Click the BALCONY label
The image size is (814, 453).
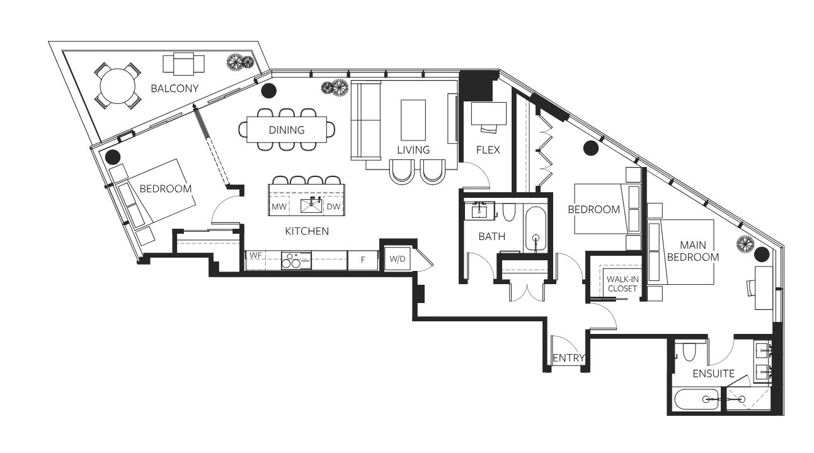coord(175,89)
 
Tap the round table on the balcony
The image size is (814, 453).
coord(117,86)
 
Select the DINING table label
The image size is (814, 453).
coord(287,130)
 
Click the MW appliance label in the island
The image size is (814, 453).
coord(279,207)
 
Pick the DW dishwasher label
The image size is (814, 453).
coord(333,207)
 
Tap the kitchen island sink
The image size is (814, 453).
coord(311,205)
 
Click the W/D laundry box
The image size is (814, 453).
coord(397,259)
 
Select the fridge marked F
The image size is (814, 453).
coord(363,260)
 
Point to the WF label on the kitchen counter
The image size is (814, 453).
coord(256,255)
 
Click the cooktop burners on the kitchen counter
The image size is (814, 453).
coord(296,260)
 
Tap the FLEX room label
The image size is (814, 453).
coord(488,150)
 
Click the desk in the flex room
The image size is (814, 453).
coord(489,113)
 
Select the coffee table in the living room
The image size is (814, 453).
coord(413,120)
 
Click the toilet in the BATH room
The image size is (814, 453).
coord(509,212)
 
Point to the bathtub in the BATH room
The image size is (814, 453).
coord(536,229)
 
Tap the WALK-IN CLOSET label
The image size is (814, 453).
coord(622,284)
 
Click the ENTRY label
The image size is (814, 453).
coord(569,358)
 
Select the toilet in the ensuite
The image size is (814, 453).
coord(689,352)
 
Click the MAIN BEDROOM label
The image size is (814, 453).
coord(693,251)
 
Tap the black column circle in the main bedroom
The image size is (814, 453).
coord(762,255)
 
